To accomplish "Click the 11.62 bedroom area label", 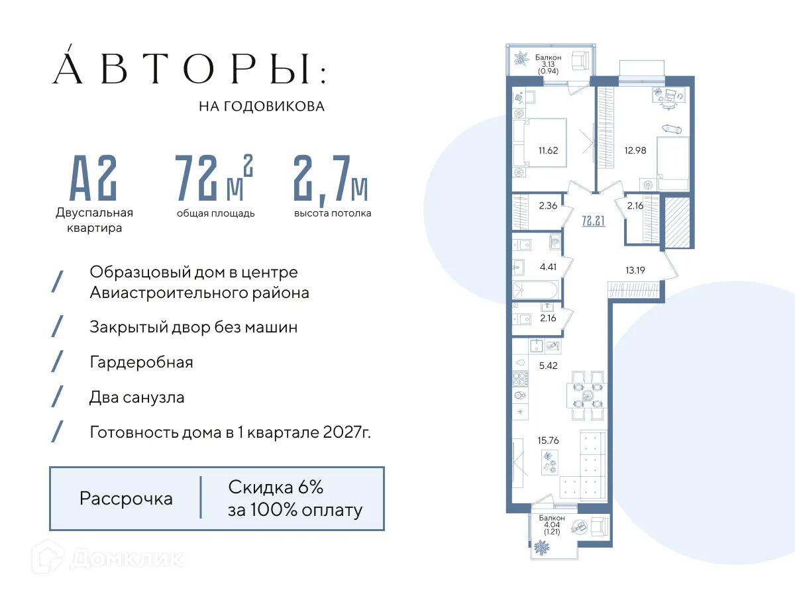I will pos(549,150).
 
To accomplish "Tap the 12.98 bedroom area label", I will pos(635,150).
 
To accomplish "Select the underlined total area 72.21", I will pos(593,221).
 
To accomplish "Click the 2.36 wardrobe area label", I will pos(547,205).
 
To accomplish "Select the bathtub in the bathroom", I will pos(535,290).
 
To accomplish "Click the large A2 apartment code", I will pos(94,177).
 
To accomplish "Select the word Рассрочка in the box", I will pos(126,499).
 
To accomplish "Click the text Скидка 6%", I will pos(276,488).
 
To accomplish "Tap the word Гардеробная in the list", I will pos(141,362).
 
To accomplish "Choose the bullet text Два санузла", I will pos(136,397).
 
